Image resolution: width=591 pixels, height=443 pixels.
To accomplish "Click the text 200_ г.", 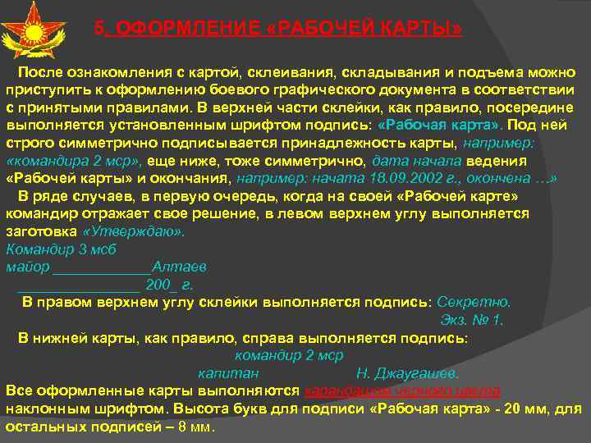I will tap(170, 285).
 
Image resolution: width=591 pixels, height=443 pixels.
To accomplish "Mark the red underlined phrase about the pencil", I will tap(402, 390).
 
